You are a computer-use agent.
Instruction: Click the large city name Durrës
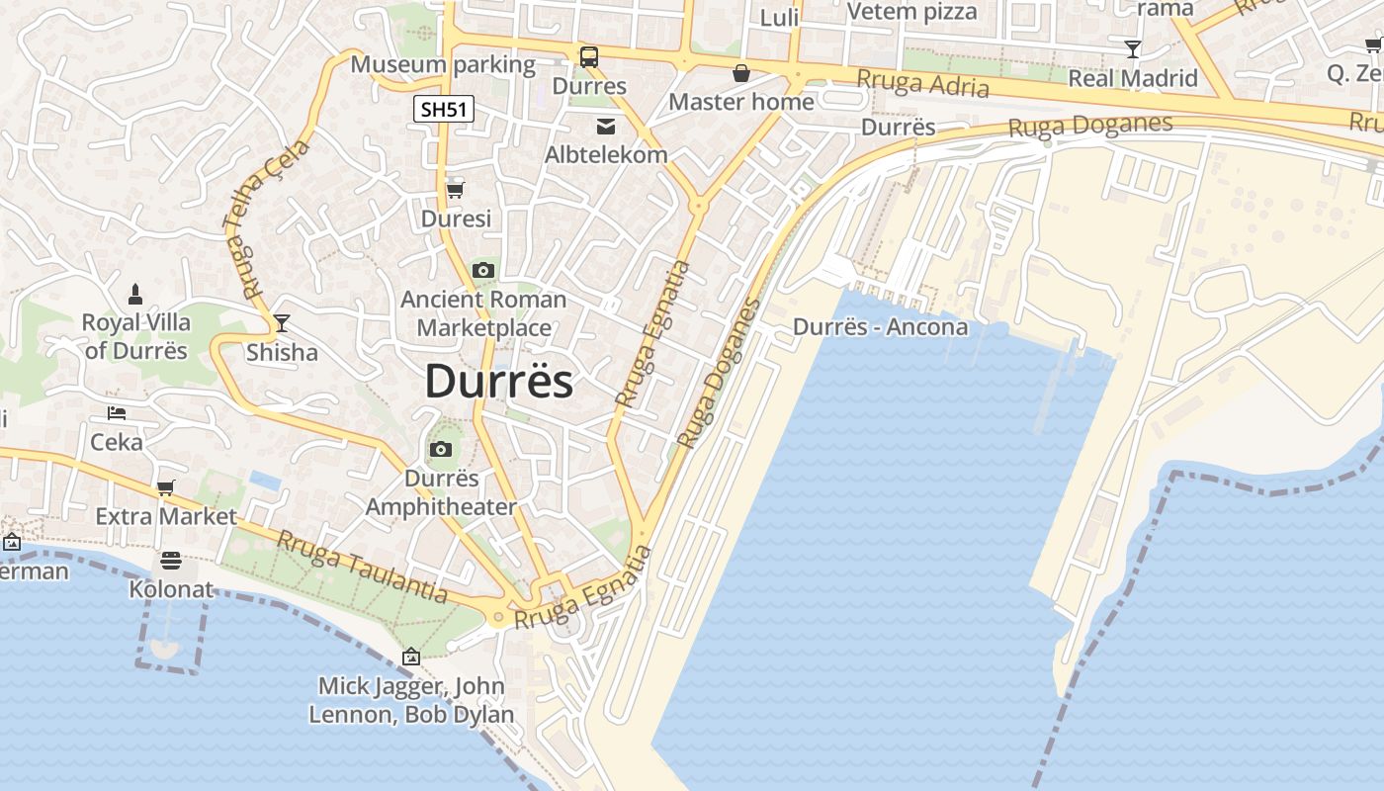[498, 382]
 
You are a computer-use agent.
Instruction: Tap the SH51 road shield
[444, 109]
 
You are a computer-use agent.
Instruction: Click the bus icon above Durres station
[589, 57]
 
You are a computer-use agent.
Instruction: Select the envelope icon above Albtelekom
[605, 126]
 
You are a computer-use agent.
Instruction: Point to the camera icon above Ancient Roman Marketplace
[483, 270]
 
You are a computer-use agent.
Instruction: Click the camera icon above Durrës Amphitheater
[441, 450]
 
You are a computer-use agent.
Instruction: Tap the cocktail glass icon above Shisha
[282, 323]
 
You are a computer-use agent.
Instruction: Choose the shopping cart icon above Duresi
[455, 189]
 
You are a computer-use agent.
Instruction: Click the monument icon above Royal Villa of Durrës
[135, 294]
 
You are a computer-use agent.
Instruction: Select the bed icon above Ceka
[117, 412]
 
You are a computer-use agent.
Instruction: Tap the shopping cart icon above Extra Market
[165, 487]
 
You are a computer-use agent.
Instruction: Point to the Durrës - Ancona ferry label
[880, 327]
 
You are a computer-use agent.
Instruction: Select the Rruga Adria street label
[922, 84]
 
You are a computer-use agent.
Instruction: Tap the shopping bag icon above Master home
[741, 73]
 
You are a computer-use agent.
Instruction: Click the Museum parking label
[443, 65]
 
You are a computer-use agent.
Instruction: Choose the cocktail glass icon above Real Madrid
[1133, 49]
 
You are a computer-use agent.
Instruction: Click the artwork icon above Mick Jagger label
[411, 657]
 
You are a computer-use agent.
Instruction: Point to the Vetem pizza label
[911, 12]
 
